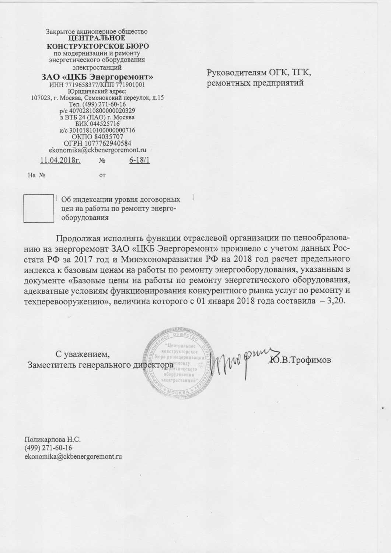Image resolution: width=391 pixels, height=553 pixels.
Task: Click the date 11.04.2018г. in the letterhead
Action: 60,160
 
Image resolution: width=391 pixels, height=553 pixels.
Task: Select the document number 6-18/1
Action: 139,160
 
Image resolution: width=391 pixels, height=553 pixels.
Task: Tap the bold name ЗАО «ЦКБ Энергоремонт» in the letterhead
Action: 97,77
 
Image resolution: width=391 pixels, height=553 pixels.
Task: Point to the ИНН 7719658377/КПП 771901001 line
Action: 97,85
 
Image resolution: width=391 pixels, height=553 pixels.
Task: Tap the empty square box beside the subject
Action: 38,209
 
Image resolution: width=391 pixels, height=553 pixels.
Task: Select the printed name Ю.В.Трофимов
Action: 301,360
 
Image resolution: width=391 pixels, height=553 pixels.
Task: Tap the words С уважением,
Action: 83,355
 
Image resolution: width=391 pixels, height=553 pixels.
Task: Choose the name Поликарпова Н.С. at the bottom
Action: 52,439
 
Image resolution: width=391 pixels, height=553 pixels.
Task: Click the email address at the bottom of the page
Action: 73,456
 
